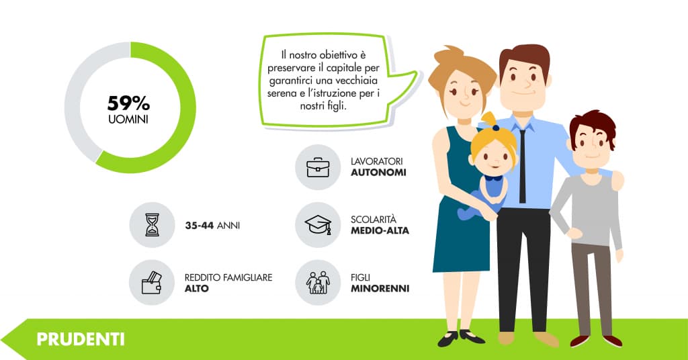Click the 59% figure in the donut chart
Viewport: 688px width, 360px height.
click(128, 103)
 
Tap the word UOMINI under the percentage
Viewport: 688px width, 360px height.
click(128, 120)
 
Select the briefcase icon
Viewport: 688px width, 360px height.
click(318, 167)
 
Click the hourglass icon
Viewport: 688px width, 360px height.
click(152, 225)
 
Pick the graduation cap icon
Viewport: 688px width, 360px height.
click(318, 224)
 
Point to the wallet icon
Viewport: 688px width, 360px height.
click(152, 282)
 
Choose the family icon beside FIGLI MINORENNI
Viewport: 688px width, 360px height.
click(318, 282)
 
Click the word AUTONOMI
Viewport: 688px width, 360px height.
click(378, 173)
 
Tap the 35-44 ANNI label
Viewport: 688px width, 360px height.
click(212, 226)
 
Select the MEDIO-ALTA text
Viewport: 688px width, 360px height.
click(380, 230)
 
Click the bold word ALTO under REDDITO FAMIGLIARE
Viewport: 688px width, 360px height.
click(197, 289)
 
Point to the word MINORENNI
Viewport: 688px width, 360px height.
click(380, 289)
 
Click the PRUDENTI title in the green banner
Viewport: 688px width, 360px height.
click(81, 339)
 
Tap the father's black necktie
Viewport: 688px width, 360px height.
click(522, 166)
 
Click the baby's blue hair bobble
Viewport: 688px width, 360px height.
click(495, 128)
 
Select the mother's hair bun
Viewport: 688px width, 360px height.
click(447, 55)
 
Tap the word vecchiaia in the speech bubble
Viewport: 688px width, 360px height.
click(356, 81)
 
